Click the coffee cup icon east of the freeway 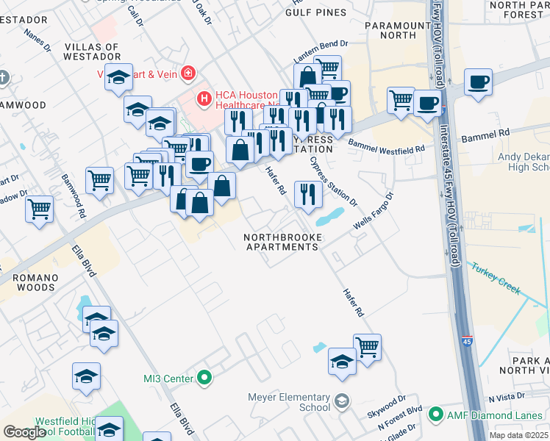[x=478, y=82]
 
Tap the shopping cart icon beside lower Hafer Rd [x=367, y=346]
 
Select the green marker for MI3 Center [x=205, y=379]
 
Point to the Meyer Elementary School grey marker [x=341, y=401]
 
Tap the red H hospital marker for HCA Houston [x=204, y=96]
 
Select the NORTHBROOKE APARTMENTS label [x=282, y=242]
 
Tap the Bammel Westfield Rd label [x=387, y=148]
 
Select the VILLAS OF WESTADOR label [x=92, y=51]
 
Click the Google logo [x=24, y=432]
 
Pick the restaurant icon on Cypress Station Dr [x=308, y=193]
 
